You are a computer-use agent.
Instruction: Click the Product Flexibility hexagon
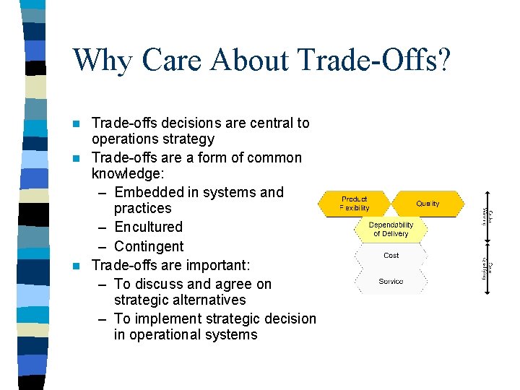[354, 204]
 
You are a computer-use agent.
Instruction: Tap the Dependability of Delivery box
[391, 230]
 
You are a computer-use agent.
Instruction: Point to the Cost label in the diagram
[391, 256]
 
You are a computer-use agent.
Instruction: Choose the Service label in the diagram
[391, 282]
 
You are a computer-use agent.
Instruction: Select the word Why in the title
[102, 60]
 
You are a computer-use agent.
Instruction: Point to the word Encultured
[148, 227]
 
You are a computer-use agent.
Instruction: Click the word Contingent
[149, 247]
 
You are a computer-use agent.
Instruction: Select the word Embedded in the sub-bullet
[149, 192]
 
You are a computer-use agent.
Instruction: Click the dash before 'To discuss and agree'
[102, 284]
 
